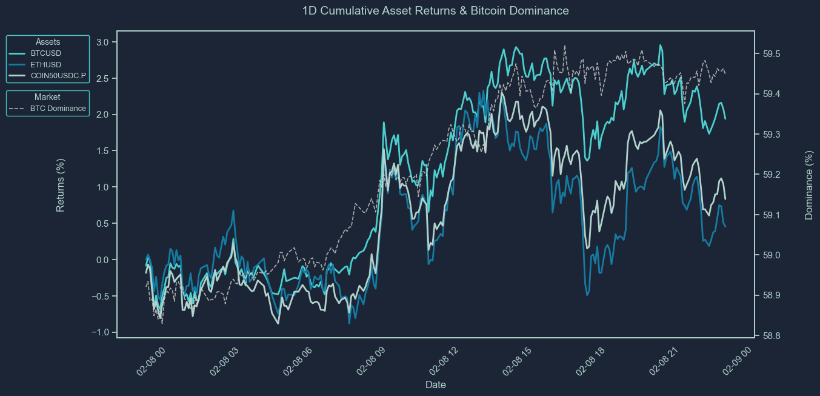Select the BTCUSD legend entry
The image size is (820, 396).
pos(45,53)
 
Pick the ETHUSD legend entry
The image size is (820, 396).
pos(45,64)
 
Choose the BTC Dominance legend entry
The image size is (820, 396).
pos(58,109)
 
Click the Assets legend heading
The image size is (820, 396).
pos(48,42)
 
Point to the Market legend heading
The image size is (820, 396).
pos(47,97)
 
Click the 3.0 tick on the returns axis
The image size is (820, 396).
pos(102,42)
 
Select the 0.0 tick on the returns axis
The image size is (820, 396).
pos(102,260)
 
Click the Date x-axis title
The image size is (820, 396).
pos(436,384)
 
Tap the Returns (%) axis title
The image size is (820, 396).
pos(61,185)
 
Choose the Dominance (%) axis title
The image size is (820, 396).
pos(809,185)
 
